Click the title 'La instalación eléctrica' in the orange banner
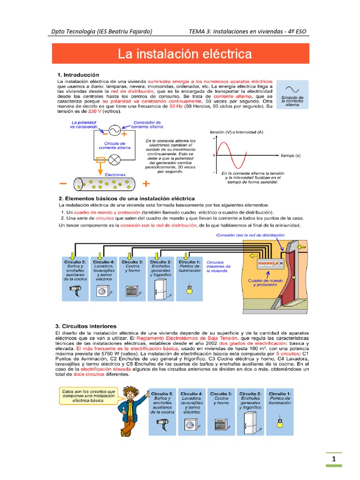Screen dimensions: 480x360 [184, 54]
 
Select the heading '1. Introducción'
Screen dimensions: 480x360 [78, 75]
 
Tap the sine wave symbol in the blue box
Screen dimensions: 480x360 [292, 89]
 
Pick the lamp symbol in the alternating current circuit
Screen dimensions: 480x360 [114, 159]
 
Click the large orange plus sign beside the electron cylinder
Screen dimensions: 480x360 [146, 183]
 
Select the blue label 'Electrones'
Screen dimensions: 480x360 [115, 174]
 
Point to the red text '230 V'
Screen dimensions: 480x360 [89, 112]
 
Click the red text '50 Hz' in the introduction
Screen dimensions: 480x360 [175, 106]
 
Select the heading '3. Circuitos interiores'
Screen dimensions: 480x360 [87, 326]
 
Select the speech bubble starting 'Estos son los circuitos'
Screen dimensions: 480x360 [86, 396]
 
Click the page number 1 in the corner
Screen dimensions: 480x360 [334, 459]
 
